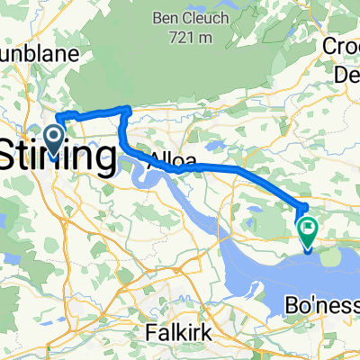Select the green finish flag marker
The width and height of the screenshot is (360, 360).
click(x=308, y=232)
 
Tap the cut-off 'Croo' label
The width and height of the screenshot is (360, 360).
click(x=345, y=46)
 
